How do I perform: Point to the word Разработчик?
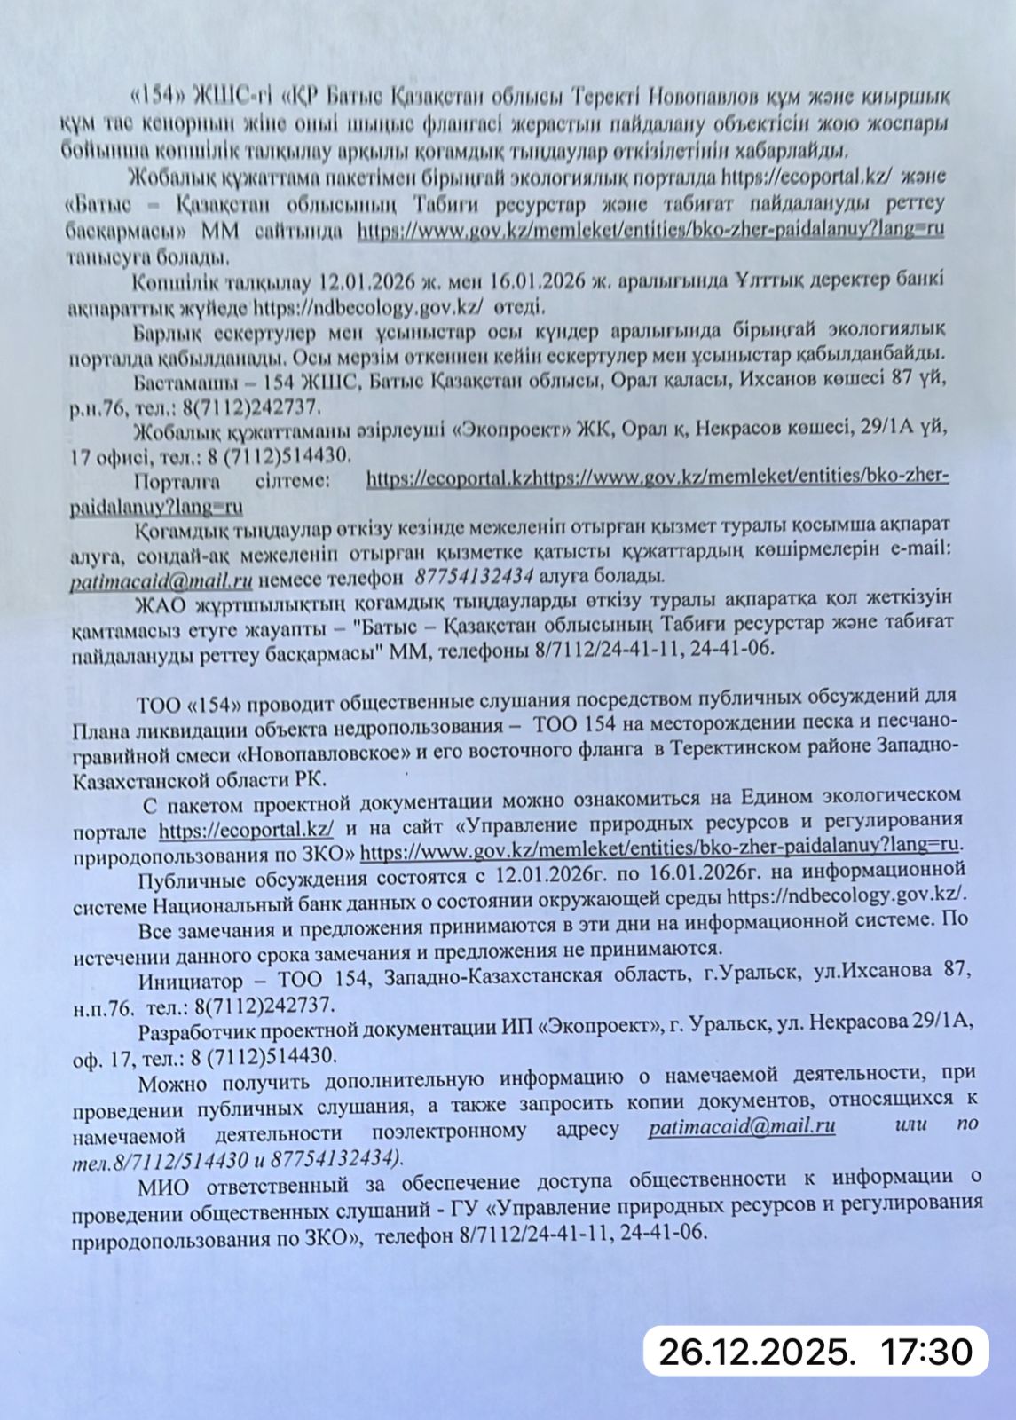coord(193,1029)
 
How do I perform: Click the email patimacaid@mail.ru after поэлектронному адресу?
coord(742,1128)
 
